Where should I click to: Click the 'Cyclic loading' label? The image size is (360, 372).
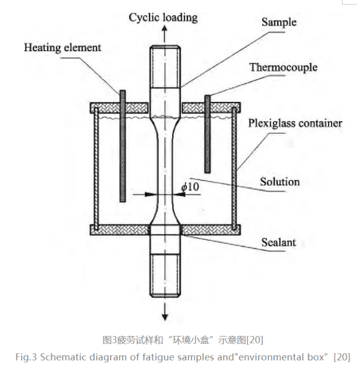click(163, 17)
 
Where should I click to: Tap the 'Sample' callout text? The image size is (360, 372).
click(279, 22)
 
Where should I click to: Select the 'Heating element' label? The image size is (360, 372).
click(62, 47)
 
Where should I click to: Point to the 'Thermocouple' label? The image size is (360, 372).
click(283, 67)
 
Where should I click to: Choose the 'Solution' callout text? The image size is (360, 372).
click(279, 182)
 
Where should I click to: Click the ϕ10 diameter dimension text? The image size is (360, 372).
click(191, 187)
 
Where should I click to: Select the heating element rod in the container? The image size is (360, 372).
click(123, 146)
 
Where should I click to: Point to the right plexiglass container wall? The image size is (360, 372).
click(235, 169)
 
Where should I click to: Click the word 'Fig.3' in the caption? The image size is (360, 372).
click(26, 357)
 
